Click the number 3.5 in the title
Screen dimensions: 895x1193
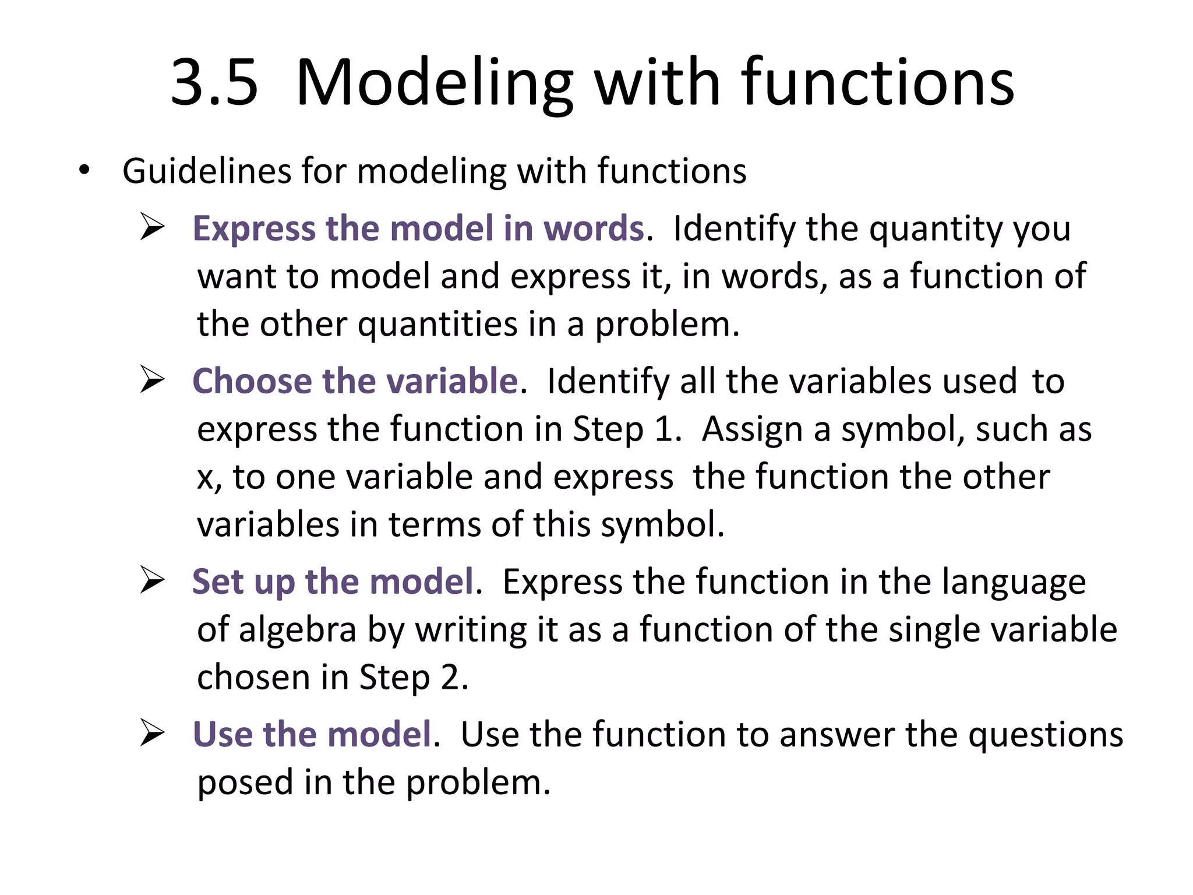coord(214,83)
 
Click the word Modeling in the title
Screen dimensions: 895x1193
coord(435,83)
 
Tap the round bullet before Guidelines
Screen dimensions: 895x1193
coord(85,170)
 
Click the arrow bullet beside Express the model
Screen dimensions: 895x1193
coord(153,227)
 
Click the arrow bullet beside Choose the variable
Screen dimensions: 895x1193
coord(153,380)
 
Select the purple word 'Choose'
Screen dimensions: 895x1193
coord(252,382)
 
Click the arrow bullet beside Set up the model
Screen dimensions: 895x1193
coord(153,581)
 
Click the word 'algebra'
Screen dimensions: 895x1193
coord(297,630)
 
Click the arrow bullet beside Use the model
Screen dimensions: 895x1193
coord(153,734)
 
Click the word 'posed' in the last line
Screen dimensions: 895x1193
coord(245,783)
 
